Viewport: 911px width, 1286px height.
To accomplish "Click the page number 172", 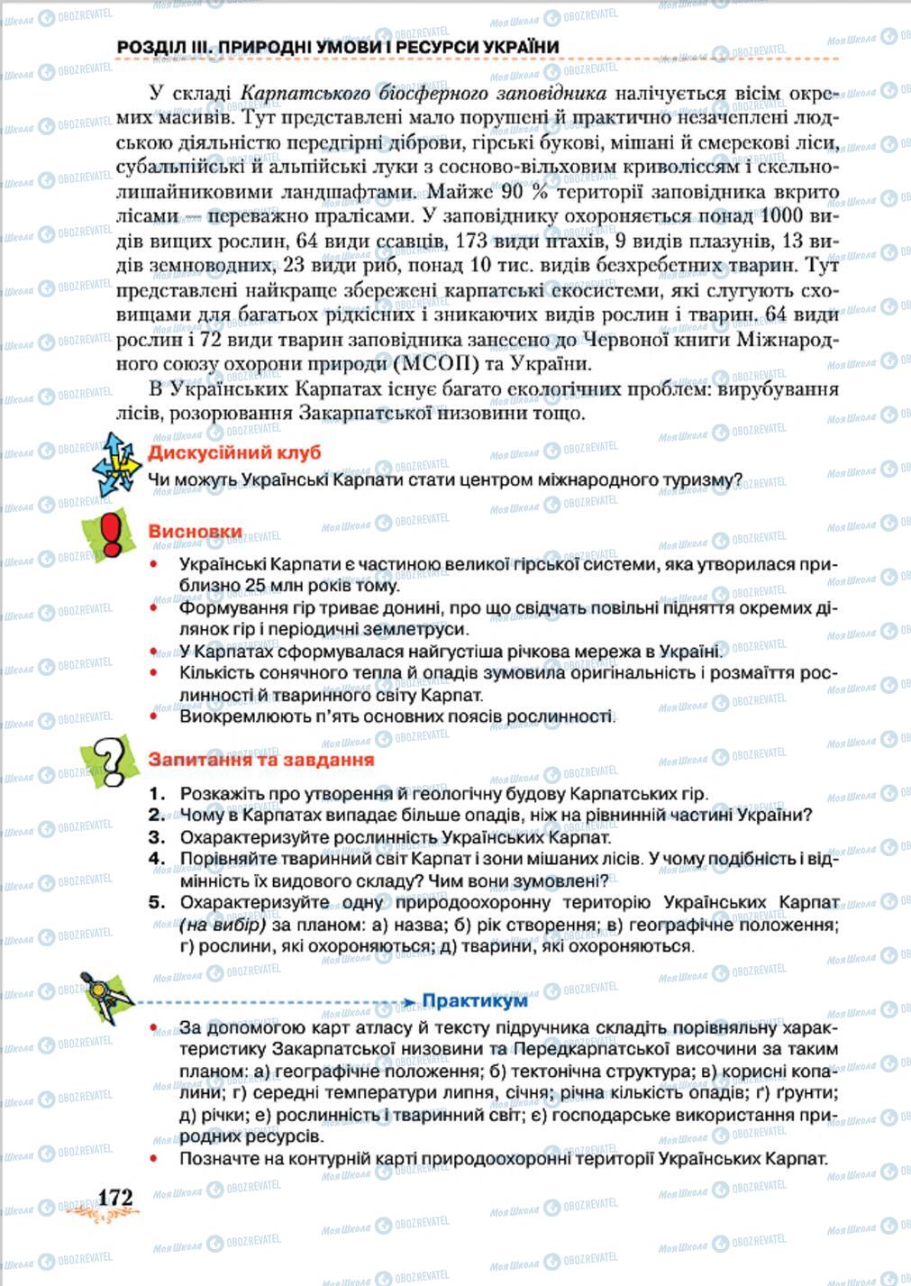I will click(x=114, y=1197).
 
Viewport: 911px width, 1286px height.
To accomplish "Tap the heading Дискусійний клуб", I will click(x=233, y=452).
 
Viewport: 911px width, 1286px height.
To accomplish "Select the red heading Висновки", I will click(x=195, y=532).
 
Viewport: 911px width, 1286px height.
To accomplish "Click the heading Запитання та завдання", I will click(x=260, y=760).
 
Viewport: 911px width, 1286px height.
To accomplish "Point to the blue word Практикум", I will click(x=475, y=1000).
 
